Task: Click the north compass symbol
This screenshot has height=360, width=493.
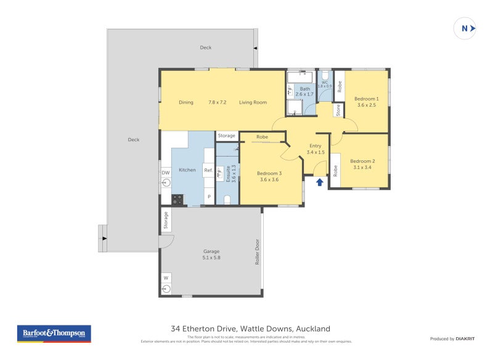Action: (465, 28)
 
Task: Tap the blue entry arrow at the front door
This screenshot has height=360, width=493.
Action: (319, 182)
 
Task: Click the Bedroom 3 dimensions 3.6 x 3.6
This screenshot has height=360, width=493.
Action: (269, 179)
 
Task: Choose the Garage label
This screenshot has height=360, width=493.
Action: (211, 251)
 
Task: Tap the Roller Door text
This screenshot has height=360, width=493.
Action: (258, 252)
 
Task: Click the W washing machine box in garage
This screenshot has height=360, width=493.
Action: (166, 278)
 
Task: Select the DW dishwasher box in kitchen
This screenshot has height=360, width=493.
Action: (166, 173)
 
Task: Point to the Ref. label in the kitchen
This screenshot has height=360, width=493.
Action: (208, 171)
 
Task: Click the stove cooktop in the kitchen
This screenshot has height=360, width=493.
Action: (177, 200)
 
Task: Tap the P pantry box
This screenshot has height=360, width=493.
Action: (209, 197)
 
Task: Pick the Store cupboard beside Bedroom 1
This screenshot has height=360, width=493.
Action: (338, 110)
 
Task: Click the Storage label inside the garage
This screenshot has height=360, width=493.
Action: (166, 220)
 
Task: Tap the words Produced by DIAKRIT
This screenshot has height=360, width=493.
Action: (451, 339)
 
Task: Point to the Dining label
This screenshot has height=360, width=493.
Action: (186, 102)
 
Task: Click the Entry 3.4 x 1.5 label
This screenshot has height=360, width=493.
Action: (316, 149)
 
